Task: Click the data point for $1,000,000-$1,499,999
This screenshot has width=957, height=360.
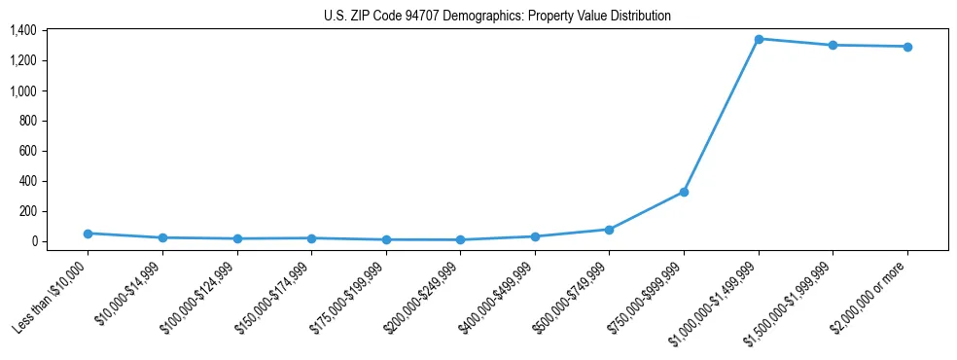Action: (759, 39)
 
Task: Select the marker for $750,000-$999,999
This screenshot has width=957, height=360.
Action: (684, 192)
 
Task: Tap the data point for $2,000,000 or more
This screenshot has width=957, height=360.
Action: (907, 47)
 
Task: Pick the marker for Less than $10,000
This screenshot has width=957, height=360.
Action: (88, 234)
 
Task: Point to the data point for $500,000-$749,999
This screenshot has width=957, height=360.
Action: (609, 230)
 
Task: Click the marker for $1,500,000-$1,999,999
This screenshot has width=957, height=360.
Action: (833, 45)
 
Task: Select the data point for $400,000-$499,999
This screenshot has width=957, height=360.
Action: (535, 236)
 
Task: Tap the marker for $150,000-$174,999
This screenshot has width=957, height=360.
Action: (311, 238)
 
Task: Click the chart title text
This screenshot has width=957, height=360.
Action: (497, 17)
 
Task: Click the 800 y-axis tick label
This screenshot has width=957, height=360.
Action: (27, 122)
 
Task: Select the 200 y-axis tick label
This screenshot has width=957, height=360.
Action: (27, 211)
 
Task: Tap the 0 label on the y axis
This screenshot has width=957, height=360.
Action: (33, 241)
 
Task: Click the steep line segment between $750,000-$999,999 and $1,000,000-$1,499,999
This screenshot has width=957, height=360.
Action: (721, 116)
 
